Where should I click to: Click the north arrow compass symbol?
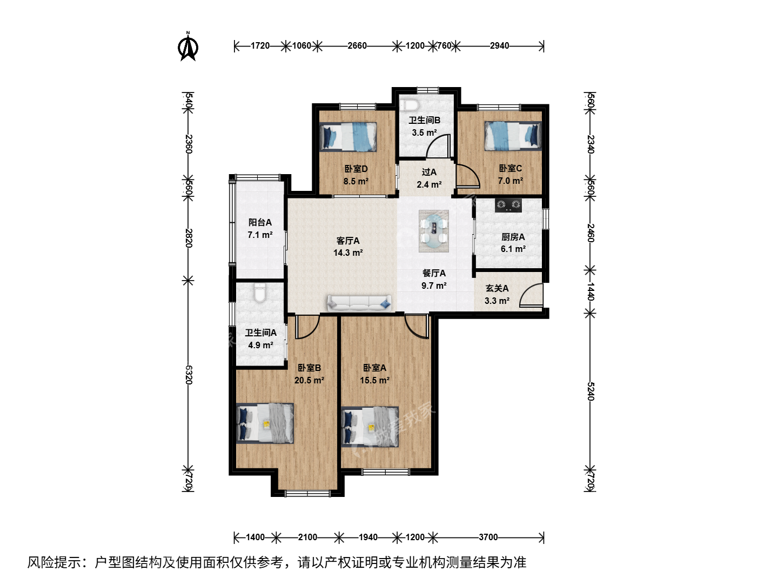(x=188, y=47)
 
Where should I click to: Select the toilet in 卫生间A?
(x=260, y=293)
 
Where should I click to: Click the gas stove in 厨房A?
(x=508, y=205)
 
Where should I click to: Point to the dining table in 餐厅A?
(x=434, y=231)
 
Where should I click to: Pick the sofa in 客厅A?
(x=359, y=303)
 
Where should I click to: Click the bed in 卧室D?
(x=348, y=137)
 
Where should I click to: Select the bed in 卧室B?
(x=265, y=423)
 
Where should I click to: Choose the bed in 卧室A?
(x=370, y=427)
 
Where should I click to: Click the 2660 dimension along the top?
(x=357, y=46)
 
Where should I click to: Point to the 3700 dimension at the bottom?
(x=488, y=537)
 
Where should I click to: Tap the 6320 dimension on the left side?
(x=188, y=375)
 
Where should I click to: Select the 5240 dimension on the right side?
(x=590, y=391)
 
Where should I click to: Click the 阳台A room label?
(x=260, y=222)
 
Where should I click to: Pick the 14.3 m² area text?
(x=348, y=253)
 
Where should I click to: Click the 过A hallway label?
(x=429, y=172)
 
